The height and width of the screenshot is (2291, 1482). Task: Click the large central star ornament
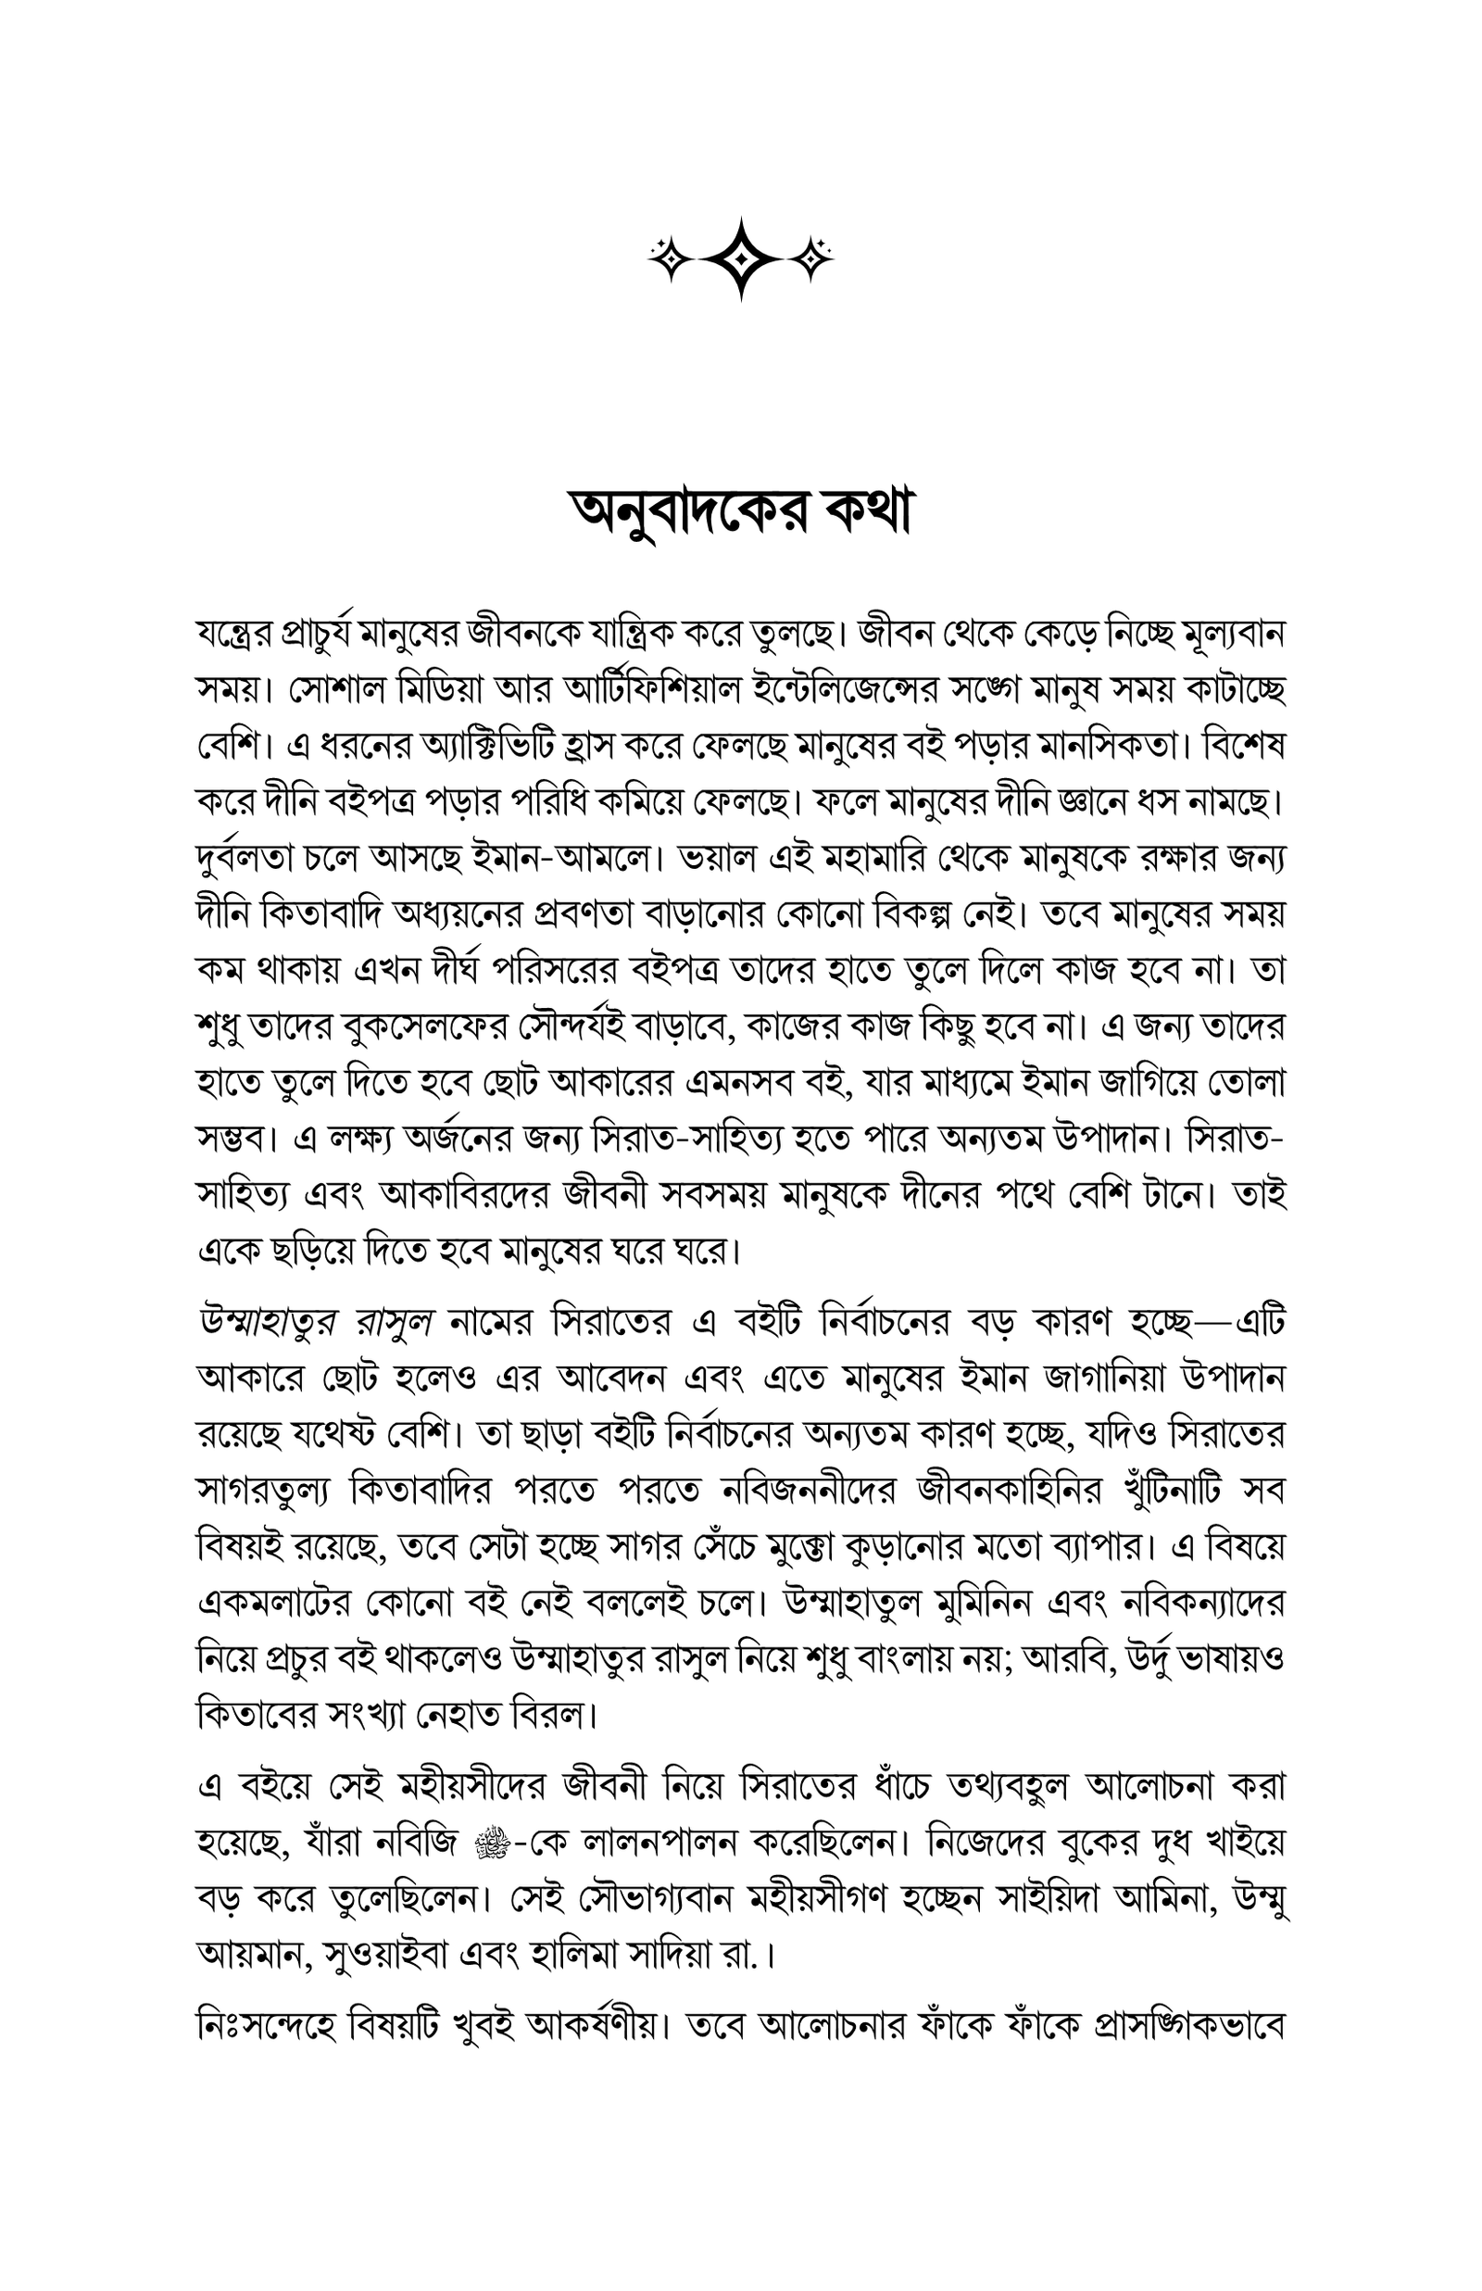(740, 258)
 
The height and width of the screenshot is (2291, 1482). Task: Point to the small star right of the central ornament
(815, 258)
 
